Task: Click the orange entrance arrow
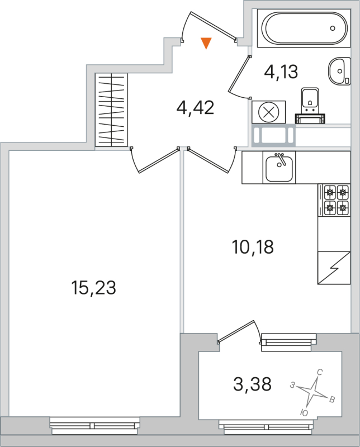click(x=206, y=43)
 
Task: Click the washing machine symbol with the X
click(x=269, y=112)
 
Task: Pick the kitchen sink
click(x=279, y=168)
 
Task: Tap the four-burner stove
click(x=336, y=201)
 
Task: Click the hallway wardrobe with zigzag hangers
click(x=112, y=110)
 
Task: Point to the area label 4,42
click(x=195, y=107)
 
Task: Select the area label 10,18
click(x=252, y=246)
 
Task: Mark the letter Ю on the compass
click(x=304, y=412)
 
